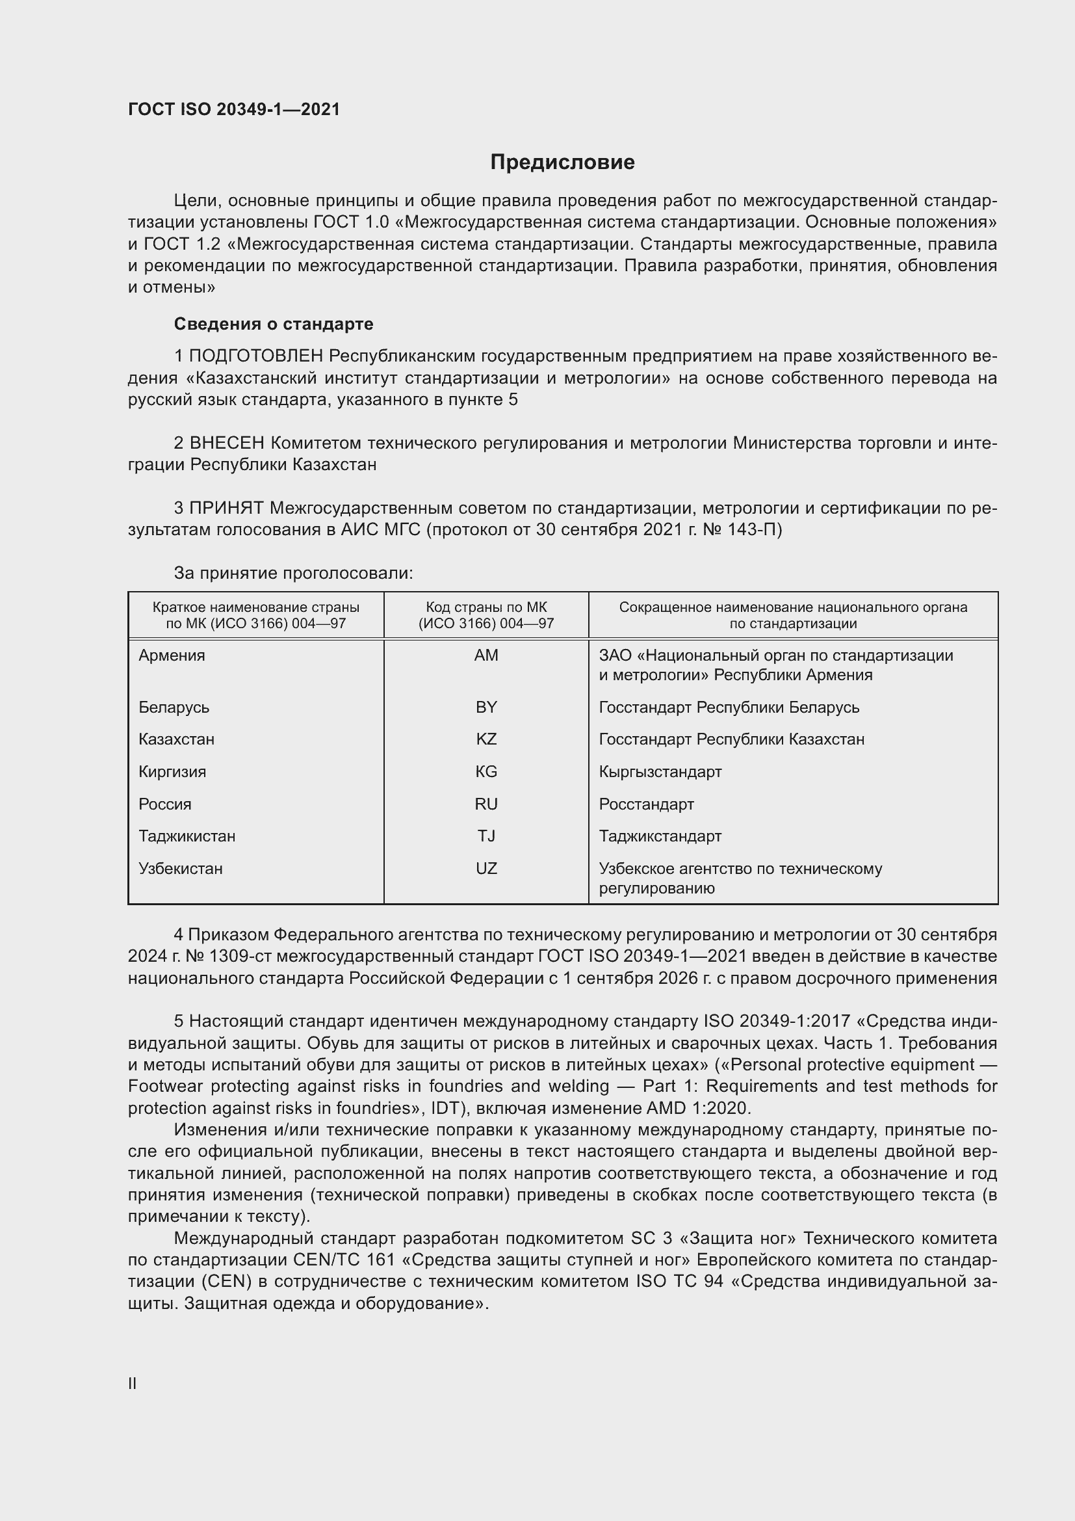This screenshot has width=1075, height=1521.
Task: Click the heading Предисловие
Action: pyautogui.click(x=562, y=163)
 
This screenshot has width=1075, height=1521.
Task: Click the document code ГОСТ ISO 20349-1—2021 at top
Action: pyautogui.click(x=234, y=110)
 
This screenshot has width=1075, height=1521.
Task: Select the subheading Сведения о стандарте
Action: pyautogui.click(x=274, y=324)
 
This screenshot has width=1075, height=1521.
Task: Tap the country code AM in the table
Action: pyautogui.click(x=486, y=655)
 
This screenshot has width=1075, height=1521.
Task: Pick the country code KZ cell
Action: pyautogui.click(x=486, y=739)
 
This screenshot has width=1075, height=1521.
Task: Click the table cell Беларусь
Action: pyautogui.click(x=174, y=707)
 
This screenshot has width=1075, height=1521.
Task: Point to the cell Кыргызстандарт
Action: pyautogui.click(x=660, y=771)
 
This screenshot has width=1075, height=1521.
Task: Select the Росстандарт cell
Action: pyautogui.click(x=646, y=804)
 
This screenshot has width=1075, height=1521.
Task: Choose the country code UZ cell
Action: pyautogui.click(x=486, y=868)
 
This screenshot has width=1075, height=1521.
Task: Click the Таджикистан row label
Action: pyautogui.click(x=187, y=836)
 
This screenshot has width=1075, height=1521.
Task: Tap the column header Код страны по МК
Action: pyautogui.click(x=486, y=607)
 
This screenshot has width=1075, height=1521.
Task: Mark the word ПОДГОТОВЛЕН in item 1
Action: pyautogui.click(x=256, y=356)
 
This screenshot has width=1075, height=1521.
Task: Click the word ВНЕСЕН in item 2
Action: pyautogui.click(x=227, y=443)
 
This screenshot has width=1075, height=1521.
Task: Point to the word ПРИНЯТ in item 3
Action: pyautogui.click(x=227, y=508)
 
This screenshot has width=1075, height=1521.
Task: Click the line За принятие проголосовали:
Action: pyautogui.click(x=293, y=573)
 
